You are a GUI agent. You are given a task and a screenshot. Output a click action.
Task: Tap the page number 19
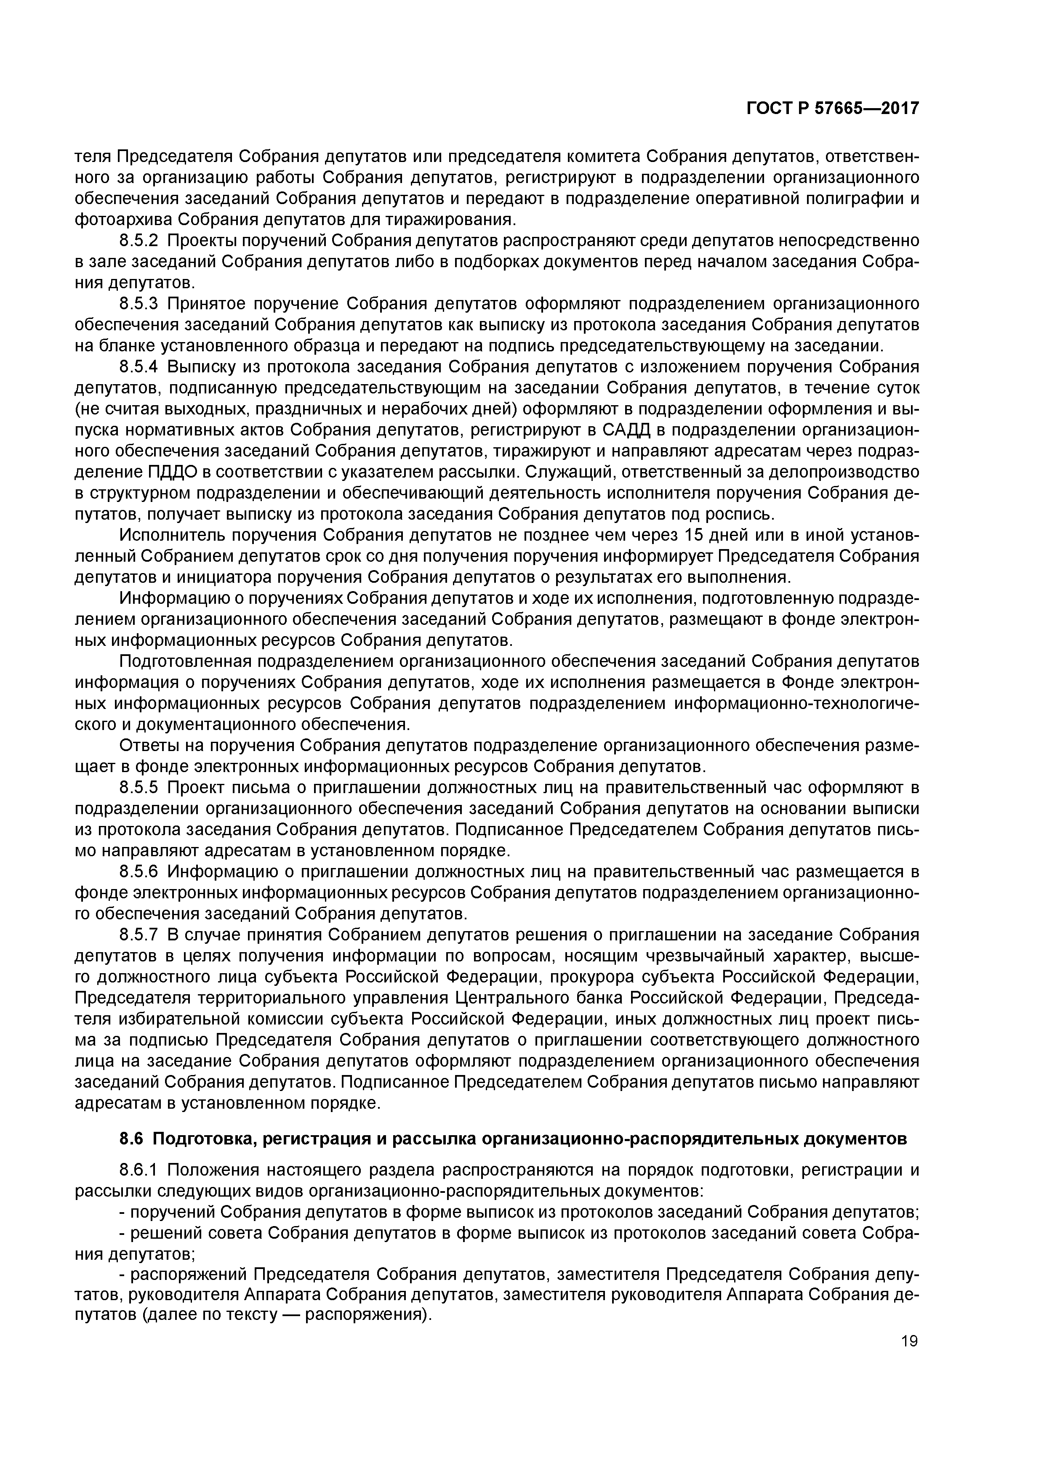coord(909,1341)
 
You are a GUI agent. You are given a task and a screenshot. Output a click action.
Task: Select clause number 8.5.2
coord(138,241)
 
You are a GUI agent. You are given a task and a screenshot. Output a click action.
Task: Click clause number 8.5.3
coord(138,304)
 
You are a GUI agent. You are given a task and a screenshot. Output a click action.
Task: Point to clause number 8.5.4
coord(138,367)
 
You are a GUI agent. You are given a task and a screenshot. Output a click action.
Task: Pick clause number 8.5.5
coord(138,788)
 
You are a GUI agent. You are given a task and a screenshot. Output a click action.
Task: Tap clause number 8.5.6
coord(138,872)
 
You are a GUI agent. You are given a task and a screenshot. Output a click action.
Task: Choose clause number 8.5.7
coord(138,935)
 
